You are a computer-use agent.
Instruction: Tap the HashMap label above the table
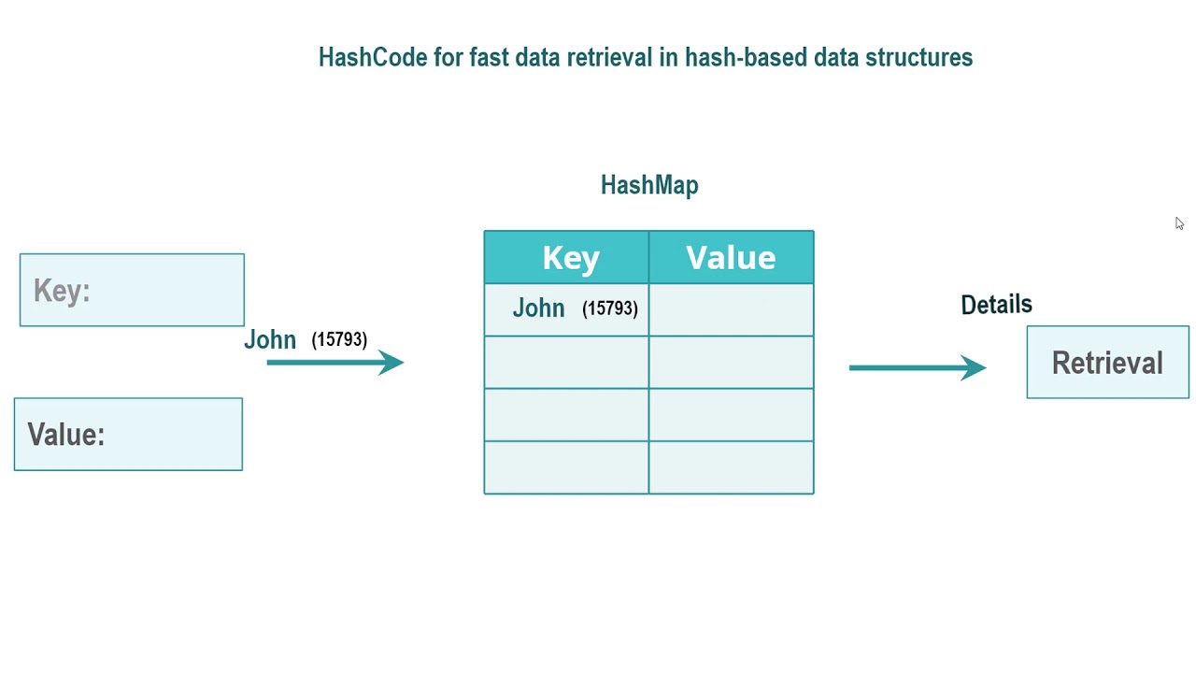point(649,185)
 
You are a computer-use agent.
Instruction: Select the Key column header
point(570,258)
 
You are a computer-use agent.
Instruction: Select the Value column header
point(731,258)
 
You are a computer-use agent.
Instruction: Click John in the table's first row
point(538,308)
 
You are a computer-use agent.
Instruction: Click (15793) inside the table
point(609,308)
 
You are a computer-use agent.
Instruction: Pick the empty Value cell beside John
point(731,309)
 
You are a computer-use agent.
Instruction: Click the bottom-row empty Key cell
point(566,467)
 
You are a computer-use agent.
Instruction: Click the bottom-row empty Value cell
point(731,467)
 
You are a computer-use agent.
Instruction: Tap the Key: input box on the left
point(132,290)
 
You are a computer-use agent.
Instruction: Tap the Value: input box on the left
point(128,435)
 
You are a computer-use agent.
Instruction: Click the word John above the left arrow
point(270,340)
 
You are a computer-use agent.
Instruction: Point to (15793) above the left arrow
point(339,339)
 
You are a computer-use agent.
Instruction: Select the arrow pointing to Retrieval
point(917,367)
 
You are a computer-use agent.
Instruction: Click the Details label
point(996,305)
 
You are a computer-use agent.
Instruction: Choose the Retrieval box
point(1107,363)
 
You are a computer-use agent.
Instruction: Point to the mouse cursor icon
point(1179,223)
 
